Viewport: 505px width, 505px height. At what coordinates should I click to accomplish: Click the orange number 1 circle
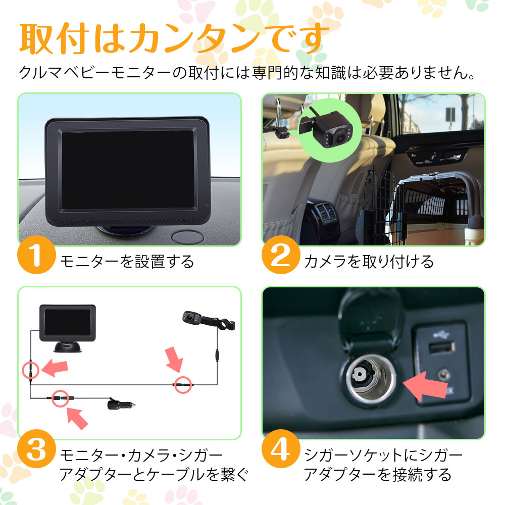(x=36, y=255)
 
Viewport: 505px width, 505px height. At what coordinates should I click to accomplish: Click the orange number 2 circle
(x=280, y=255)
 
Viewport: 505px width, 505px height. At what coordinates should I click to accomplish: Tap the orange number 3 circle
(x=36, y=448)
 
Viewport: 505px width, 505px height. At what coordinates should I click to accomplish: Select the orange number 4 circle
(x=280, y=448)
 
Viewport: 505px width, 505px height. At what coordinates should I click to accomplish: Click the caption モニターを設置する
(x=127, y=261)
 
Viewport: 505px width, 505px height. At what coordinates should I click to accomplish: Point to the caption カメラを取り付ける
(x=369, y=261)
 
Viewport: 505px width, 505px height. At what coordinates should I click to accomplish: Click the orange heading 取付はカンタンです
(x=174, y=38)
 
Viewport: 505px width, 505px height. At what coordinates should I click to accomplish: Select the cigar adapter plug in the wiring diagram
(x=121, y=404)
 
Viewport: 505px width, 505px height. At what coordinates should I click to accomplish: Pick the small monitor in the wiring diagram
(x=68, y=328)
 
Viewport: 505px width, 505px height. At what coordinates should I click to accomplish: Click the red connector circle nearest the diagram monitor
(x=31, y=370)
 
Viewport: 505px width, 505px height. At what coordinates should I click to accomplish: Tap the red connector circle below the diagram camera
(x=183, y=385)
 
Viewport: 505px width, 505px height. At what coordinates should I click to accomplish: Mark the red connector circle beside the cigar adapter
(x=60, y=398)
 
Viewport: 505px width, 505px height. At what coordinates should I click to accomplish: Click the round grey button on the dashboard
(x=188, y=237)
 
